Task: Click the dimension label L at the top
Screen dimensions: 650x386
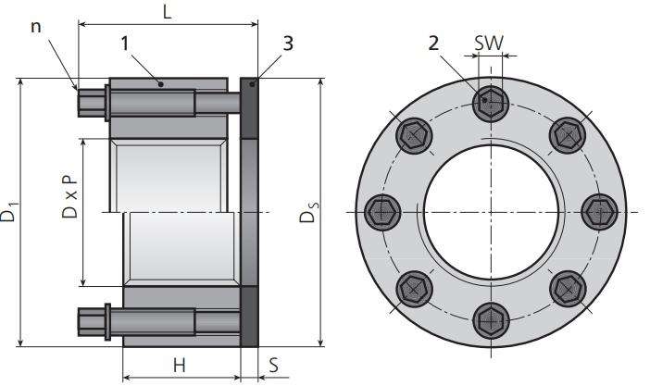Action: (x=167, y=12)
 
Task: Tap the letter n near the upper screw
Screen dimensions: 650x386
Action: (x=36, y=28)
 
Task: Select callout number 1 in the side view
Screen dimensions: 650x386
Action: (x=125, y=44)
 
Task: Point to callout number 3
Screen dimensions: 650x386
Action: (x=288, y=44)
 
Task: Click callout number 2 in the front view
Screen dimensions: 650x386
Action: (x=433, y=44)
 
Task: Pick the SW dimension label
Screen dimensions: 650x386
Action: (x=489, y=43)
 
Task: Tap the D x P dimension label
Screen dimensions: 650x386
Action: (x=69, y=196)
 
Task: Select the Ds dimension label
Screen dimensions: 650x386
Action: (x=309, y=212)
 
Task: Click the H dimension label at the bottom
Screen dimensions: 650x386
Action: (x=179, y=366)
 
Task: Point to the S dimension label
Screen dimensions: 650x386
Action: (x=273, y=366)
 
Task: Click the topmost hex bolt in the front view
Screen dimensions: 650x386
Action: (x=491, y=104)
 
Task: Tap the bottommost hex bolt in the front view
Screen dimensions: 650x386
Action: (x=491, y=320)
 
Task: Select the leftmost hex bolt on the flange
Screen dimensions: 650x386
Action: (x=382, y=212)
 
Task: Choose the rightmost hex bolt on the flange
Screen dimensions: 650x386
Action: (x=599, y=212)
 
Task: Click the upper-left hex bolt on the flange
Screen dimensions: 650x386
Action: (x=414, y=135)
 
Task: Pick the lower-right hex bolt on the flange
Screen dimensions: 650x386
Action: (x=568, y=289)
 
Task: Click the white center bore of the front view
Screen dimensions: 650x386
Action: (x=491, y=212)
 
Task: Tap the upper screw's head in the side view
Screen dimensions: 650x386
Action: (x=91, y=102)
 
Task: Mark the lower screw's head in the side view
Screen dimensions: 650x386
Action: (x=91, y=322)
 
